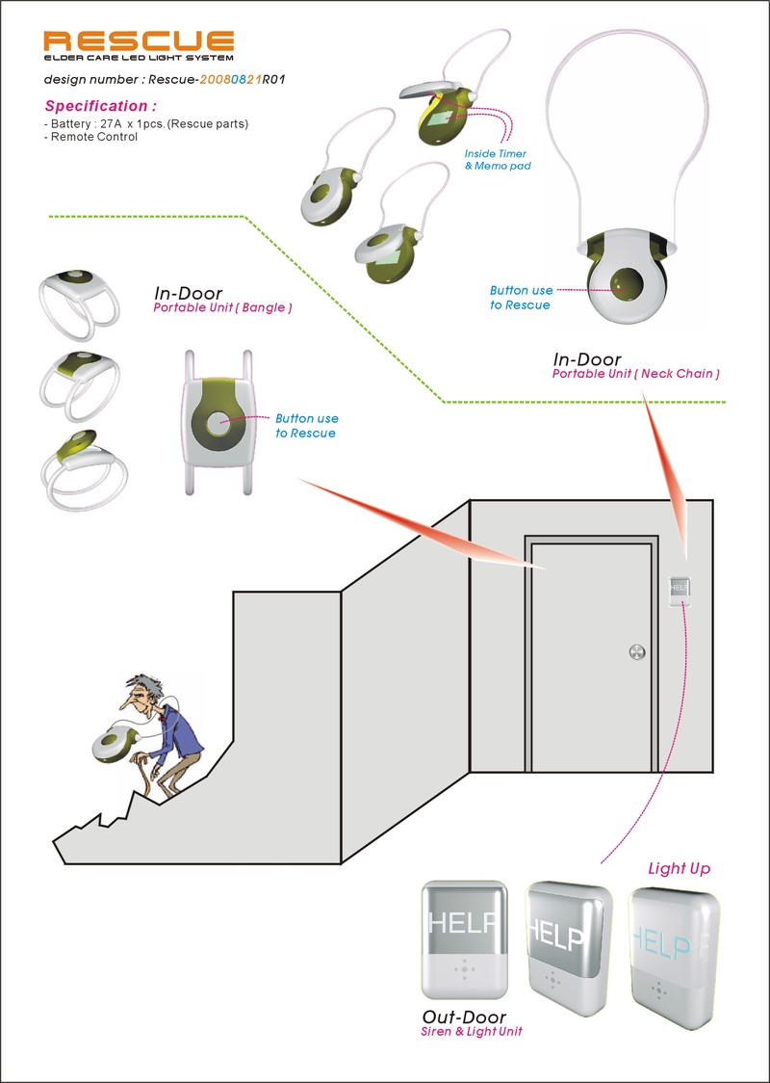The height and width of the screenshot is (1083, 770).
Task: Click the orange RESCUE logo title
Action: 140,41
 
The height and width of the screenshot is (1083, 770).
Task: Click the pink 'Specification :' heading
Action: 100,106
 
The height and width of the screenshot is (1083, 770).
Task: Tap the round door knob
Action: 636,653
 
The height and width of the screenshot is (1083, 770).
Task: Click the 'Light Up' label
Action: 679,868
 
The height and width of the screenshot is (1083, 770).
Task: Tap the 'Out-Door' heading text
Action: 464,1017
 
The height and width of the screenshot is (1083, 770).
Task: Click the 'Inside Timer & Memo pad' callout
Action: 496,159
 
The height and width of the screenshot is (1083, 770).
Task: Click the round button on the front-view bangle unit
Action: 219,421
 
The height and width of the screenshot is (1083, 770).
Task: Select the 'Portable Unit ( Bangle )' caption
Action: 222,308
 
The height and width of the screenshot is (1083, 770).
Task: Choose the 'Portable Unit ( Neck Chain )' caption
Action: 635,373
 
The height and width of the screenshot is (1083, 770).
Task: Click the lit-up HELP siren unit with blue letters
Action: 675,949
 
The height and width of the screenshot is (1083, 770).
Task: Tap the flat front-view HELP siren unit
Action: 464,940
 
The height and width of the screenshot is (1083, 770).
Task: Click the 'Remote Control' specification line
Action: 91,137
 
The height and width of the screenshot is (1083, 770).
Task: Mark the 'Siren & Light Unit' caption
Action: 471,1032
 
